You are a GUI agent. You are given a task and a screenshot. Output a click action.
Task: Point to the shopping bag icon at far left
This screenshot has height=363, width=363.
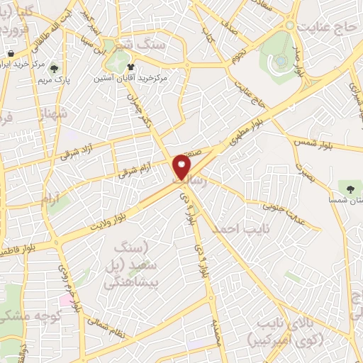coord(11,53)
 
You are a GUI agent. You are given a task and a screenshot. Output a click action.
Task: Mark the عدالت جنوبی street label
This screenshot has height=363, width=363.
coord(281,205)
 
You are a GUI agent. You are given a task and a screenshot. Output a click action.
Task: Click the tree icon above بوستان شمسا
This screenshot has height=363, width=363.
coord(349,186)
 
